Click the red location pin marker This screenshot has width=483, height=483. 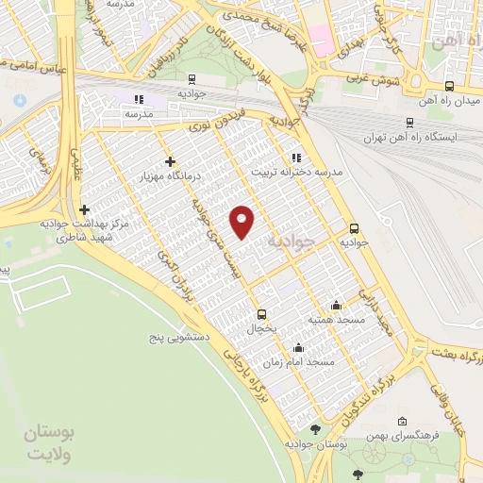[242, 221]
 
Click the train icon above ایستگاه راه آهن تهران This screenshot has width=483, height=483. [408, 122]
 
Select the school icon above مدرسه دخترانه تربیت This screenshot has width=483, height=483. [296, 158]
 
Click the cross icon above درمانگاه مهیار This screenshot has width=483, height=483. [170, 162]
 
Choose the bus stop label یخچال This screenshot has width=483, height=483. [260, 330]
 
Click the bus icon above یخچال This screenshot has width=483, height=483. [261, 315]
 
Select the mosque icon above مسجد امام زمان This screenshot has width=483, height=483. [298, 347]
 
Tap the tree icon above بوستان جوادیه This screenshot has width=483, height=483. [315, 429]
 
